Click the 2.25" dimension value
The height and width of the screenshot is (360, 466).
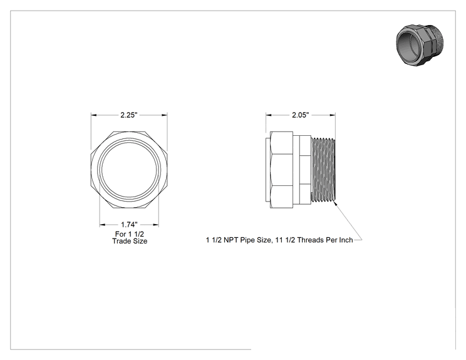(x=129, y=115)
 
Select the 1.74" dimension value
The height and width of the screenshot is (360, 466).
(x=129, y=225)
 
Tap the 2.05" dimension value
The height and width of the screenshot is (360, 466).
(x=301, y=115)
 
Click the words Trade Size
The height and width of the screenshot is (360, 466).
(x=130, y=241)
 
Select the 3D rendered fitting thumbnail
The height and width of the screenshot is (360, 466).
(x=420, y=45)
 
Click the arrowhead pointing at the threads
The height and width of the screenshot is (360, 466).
(x=335, y=203)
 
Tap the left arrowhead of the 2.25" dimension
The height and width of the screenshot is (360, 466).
(x=94, y=115)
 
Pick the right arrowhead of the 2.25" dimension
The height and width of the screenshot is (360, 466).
(x=164, y=115)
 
